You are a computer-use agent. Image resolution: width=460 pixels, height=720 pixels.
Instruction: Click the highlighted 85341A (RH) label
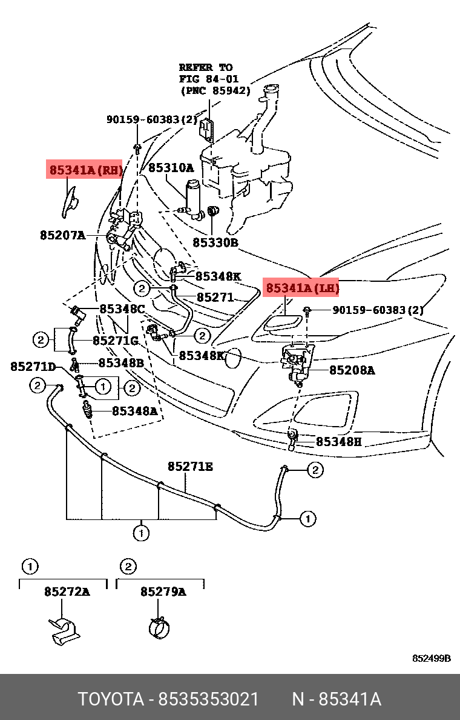click(85, 170)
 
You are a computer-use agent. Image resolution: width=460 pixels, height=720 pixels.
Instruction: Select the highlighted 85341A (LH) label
click(302, 288)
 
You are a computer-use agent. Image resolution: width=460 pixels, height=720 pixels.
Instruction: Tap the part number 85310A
click(171, 168)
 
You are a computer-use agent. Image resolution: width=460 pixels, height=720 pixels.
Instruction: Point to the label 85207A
click(62, 236)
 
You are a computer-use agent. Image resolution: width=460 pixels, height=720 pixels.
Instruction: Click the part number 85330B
click(215, 242)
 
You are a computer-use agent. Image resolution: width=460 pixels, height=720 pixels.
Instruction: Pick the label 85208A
click(352, 370)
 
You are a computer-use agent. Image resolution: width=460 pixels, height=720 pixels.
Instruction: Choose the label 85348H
click(338, 442)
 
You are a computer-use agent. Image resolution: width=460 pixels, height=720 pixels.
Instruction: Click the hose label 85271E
click(190, 467)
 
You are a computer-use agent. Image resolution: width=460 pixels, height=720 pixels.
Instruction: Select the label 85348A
click(134, 411)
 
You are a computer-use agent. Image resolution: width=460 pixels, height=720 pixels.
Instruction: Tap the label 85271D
click(33, 367)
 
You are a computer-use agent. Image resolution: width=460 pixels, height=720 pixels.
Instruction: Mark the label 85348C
click(122, 309)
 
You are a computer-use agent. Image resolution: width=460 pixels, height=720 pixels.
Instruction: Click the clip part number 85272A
click(67, 592)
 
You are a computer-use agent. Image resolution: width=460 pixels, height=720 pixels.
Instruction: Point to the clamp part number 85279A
click(163, 592)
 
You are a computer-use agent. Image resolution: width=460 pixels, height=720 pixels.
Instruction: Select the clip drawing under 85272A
click(64, 631)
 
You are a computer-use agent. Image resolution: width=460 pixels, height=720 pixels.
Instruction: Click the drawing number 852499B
click(431, 658)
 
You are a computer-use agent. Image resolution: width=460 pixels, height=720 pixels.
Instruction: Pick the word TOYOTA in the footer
click(111, 699)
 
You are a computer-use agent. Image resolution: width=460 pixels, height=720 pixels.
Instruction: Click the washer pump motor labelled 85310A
click(193, 200)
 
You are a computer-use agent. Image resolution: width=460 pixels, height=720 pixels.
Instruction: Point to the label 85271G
click(116, 340)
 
